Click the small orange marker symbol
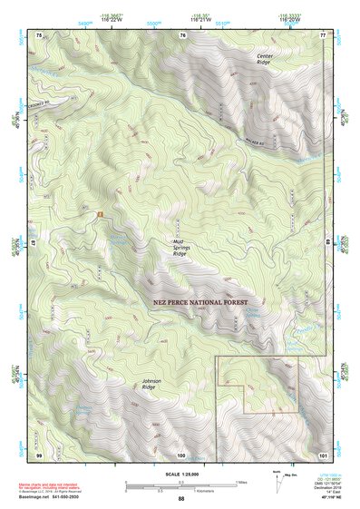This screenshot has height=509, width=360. click(x=100, y=213)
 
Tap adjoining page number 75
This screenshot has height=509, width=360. click(x=39, y=34)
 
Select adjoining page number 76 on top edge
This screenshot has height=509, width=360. click(x=182, y=34)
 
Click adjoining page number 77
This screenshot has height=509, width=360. click(x=322, y=34)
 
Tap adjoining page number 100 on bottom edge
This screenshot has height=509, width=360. click(x=181, y=452)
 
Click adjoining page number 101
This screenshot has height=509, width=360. click(x=322, y=452)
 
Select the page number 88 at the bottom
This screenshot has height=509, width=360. click(x=181, y=499)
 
